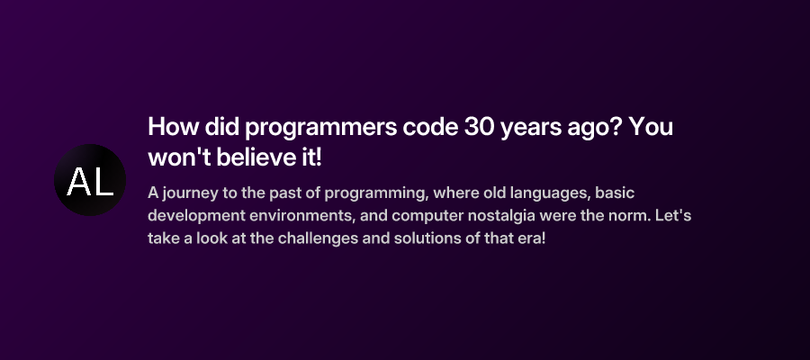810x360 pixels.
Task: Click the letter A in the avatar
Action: [x=78, y=182]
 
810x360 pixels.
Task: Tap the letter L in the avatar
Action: [x=103, y=182]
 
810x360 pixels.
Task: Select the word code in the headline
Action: [x=427, y=127]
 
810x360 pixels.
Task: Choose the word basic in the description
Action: [x=615, y=193]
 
